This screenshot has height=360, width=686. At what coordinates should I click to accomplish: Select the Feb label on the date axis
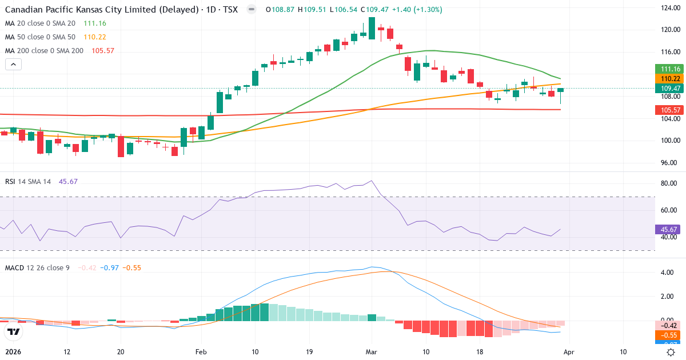click(201, 352)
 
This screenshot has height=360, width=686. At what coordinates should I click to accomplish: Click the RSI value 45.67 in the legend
click(68, 181)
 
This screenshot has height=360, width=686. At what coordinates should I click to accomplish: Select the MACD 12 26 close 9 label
click(37, 267)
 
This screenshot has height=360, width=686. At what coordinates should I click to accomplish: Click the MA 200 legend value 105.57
click(103, 50)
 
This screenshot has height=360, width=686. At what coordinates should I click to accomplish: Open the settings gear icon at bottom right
click(672, 352)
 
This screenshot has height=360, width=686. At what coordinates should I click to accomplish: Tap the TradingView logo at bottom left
click(14, 331)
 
